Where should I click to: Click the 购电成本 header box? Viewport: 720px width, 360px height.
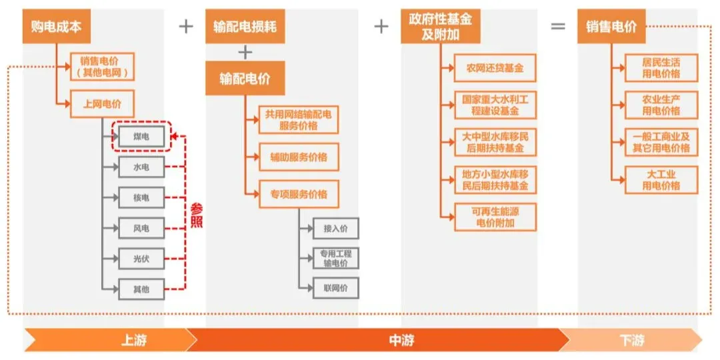pos(56,27)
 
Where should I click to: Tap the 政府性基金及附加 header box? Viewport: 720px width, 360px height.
pos(441,27)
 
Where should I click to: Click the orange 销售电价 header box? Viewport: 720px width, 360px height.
pos(611,27)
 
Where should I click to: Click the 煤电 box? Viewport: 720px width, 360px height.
pos(141,137)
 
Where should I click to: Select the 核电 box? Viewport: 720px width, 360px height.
pos(141,197)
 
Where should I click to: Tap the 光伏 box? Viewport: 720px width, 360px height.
pos(141,258)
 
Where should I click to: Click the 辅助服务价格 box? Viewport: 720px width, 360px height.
pos(294,157)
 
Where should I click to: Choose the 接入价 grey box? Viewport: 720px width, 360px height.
pos(335,228)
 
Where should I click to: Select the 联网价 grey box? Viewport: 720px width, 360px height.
pos(335,288)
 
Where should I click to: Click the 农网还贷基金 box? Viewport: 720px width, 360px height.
pos(495,68)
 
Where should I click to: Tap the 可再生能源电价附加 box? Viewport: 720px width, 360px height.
pos(495,217)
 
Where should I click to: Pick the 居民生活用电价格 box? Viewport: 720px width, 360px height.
pos(661,68)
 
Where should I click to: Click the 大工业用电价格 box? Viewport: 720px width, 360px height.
pos(661,180)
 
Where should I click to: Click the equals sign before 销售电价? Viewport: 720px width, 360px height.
pos(557,27)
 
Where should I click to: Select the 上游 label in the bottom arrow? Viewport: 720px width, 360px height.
pos(134,340)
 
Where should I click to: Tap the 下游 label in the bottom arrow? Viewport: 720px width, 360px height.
pos(631,340)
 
